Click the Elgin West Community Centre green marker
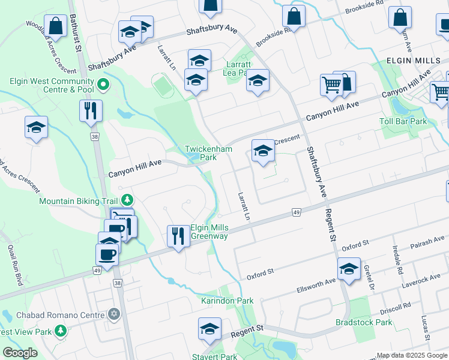click(103, 85)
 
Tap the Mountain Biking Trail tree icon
click(127, 199)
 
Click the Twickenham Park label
click(200, 152)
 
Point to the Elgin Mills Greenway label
click(209, 232)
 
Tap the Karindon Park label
click(227, 301)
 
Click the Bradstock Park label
click(364, 322)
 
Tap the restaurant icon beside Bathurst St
click(91, 111)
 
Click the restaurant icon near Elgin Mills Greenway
click(177, 235)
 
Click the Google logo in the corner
click(20, 353)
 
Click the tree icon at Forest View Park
click(61, 331)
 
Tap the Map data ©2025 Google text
click(411, 355)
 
